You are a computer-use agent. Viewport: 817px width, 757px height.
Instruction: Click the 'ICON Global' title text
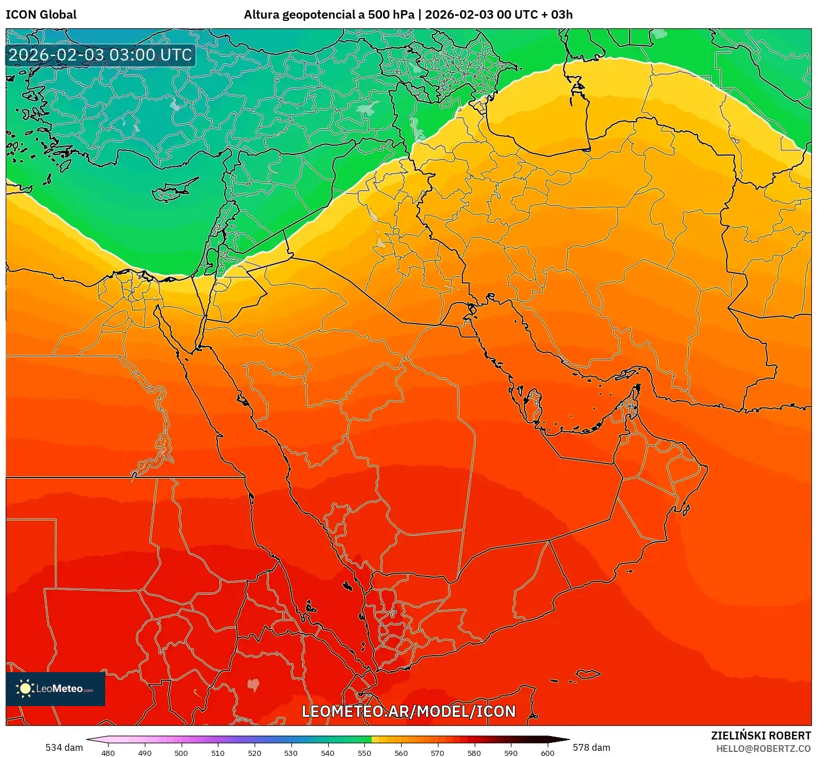[41, 15]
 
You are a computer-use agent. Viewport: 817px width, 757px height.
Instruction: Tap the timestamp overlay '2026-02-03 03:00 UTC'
[100, 55]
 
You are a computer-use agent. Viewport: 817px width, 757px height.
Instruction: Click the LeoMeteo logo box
[55, 689]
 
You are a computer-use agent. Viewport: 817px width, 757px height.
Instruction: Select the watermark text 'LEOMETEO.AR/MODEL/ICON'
[408, 711]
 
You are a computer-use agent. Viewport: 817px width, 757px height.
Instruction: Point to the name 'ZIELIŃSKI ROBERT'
[760, 736]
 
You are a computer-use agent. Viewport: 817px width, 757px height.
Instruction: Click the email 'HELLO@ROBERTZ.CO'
[763, 749]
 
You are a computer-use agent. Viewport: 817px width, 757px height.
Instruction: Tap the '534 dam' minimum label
[64, 747]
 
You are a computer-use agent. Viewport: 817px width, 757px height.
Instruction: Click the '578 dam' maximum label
[591, 747]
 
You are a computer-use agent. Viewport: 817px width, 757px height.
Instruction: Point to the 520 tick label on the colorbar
[255, 753]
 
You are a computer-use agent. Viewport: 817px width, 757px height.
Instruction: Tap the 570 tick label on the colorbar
[437, 753]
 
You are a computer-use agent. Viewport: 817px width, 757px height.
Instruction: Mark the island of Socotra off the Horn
[588, 674]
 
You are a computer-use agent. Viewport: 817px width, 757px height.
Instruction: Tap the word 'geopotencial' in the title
[313, 15]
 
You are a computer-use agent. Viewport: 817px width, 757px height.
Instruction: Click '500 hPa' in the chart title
[391, 15]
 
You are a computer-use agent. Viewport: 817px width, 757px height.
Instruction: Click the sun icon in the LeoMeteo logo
[25, 689]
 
